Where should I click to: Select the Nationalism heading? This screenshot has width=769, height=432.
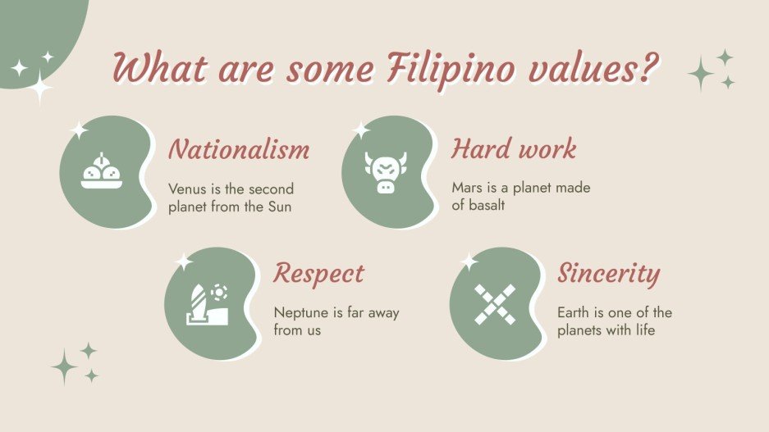coord(239,150)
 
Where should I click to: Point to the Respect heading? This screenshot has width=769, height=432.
coord(318,273)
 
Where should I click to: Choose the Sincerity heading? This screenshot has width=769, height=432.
coord(609,273)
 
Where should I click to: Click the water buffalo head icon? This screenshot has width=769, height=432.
coord(382,173)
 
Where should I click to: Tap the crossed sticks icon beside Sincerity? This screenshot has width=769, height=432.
coord(495,304)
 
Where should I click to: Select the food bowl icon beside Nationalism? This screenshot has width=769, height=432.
coord(102,172)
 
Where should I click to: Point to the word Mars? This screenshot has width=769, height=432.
coord(466,188)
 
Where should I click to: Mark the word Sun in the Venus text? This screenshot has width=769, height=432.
coord(279,207)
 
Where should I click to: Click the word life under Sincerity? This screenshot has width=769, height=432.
coord(643,330)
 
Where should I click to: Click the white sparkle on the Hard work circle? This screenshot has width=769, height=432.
coord(360,130)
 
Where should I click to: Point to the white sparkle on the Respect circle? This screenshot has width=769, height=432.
coord(184,262)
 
